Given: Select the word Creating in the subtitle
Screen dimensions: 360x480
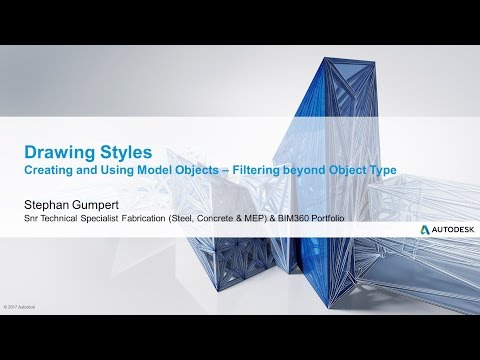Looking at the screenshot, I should (50, 172).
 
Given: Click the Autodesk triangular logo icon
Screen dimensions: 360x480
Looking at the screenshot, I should (424, 229).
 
